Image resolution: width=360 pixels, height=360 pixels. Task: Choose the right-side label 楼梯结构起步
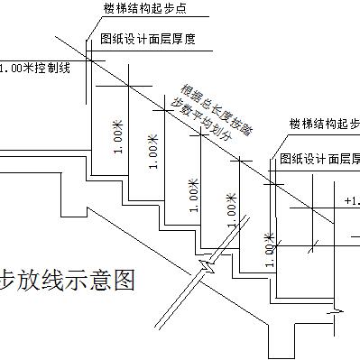324,123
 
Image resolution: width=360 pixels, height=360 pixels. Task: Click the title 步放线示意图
68,281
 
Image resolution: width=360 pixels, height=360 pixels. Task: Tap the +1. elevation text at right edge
351,200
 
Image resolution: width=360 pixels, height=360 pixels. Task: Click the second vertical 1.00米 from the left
154,155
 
